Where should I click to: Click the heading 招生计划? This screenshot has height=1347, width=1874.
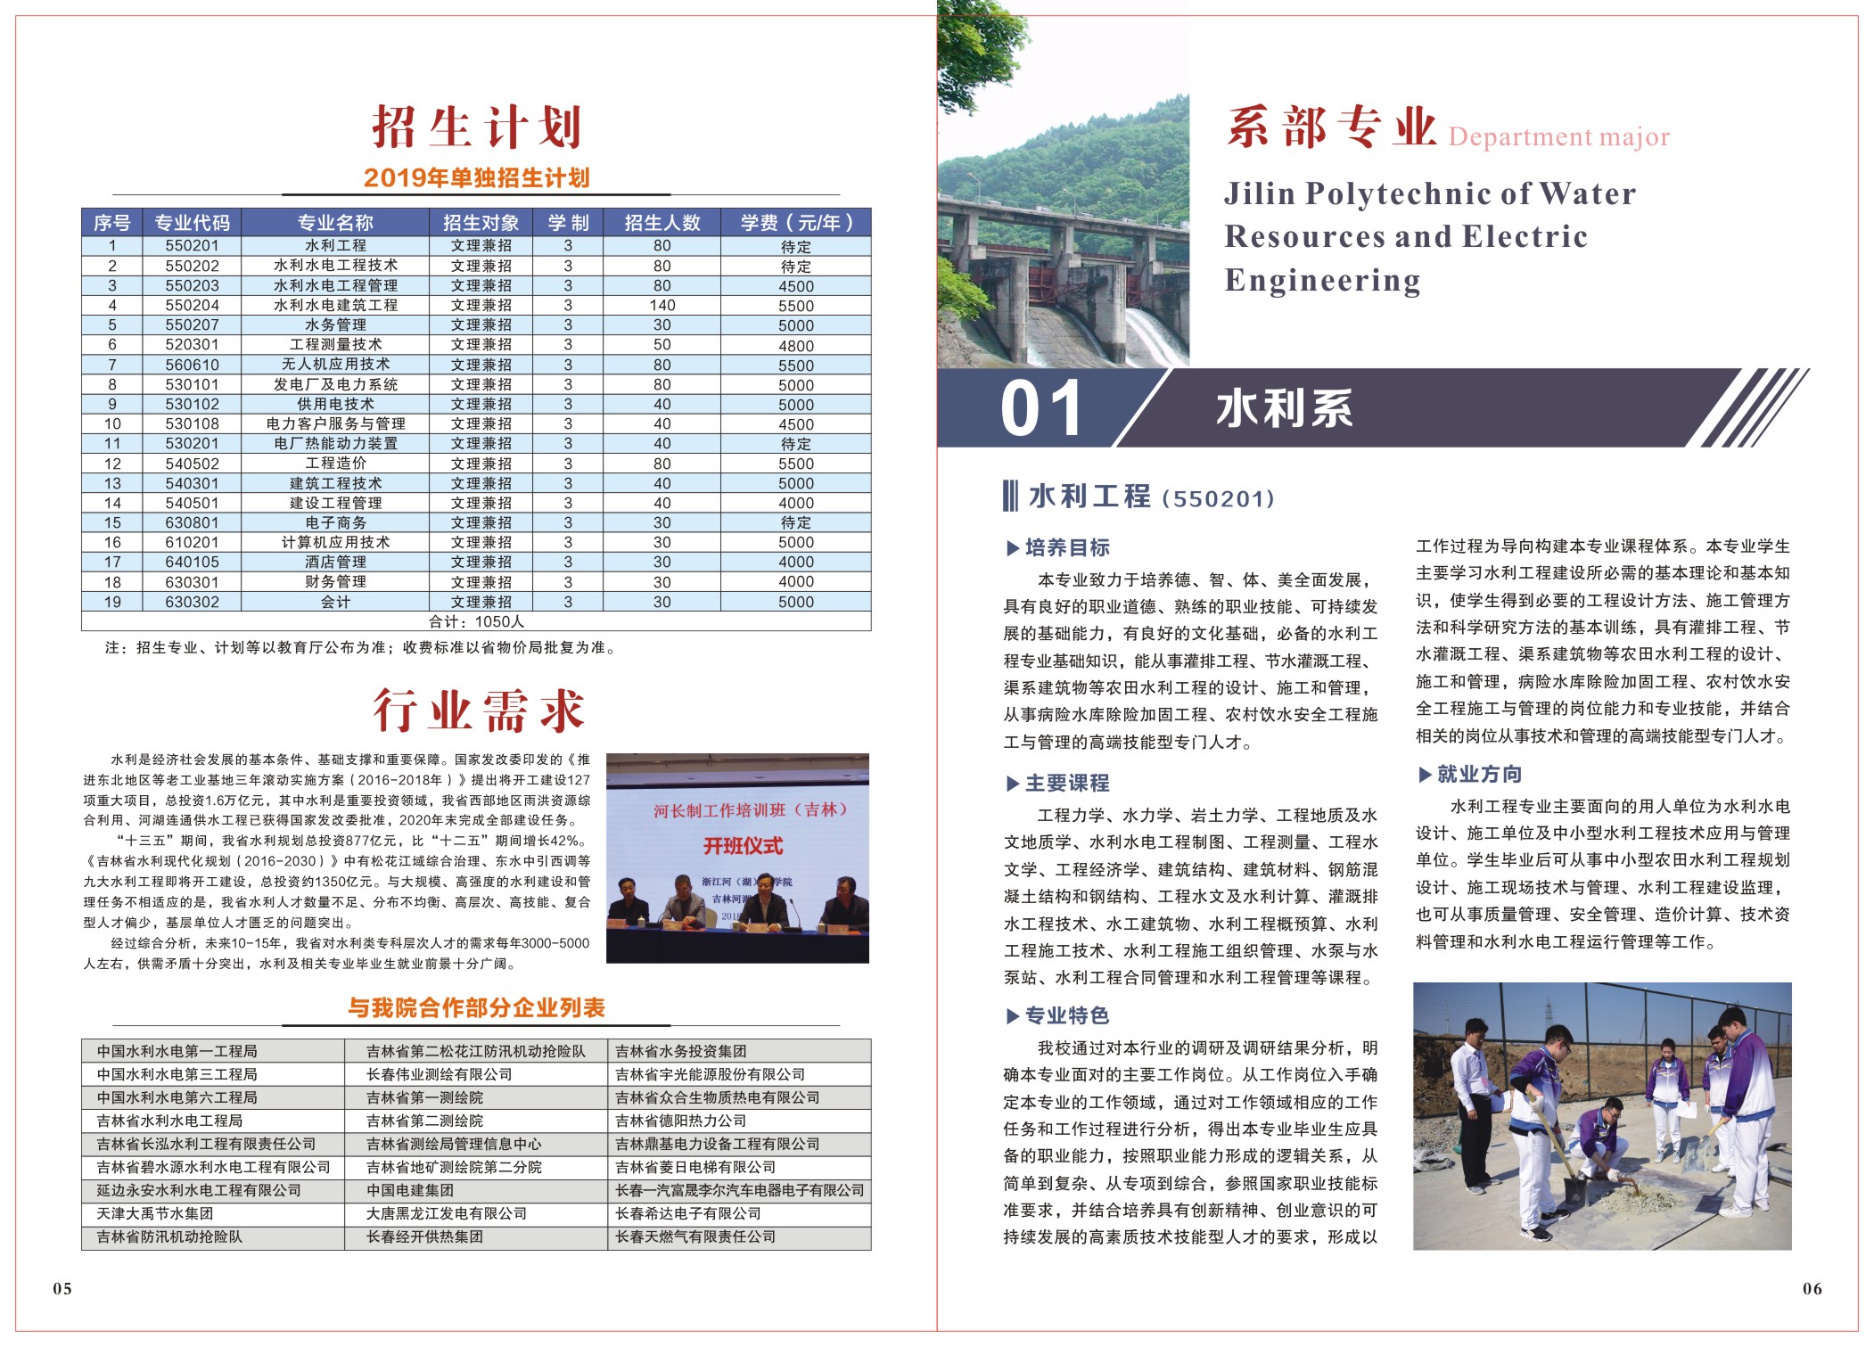(x=476, y=127)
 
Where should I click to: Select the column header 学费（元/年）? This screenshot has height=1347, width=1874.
(x=795, y=222)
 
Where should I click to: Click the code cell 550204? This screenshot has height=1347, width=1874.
(x=192, y=305)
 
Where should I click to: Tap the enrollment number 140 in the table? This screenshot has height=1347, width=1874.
(x=662, y=305)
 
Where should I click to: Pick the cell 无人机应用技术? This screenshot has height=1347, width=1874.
(x=335, y=365)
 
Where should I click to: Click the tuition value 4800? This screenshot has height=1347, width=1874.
(x=795, y=345)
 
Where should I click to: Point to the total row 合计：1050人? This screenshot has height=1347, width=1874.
(x=476, y=621)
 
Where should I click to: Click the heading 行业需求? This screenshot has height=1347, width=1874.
(x=478, y=710)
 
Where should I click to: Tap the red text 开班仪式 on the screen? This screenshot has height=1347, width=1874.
(x=743, y=846)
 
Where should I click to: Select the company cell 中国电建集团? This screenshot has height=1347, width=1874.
(x=410, y=1190)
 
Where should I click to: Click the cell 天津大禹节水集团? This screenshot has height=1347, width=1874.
(x=155, y=1213)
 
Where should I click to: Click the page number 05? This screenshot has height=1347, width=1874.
(x=62, y=1288)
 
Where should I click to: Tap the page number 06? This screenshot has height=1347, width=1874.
(x=1812, y=1288)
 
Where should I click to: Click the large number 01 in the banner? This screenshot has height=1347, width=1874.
(x=1040, y=409)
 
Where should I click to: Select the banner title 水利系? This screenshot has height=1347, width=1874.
(x=1284, y=409)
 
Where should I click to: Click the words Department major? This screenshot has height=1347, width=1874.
(x=1558, y=137)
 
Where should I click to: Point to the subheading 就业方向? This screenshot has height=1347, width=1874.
(x=1478, y=774)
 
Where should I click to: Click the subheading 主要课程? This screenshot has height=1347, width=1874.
(x=1066, y=783)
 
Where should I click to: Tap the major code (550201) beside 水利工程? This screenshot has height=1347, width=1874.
(x=1218, y=498)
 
